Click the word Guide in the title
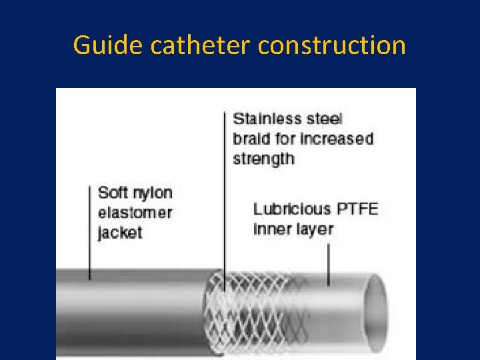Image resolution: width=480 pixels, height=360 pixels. (x=109, y=45)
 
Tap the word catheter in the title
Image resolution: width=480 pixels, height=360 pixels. (x=201, y=45)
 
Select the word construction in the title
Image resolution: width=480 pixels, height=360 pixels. (x=332, y=45)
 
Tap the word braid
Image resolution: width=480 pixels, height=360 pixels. (x=252, y=139)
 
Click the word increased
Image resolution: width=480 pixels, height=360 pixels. (x=335, y=139)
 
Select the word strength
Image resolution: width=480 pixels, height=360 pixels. (x=263, y=159)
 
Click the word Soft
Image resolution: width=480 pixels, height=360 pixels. (x=112, y=193)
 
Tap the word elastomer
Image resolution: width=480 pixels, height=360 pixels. (x=135, y=213)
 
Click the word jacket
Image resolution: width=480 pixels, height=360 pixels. (x=120, y=233)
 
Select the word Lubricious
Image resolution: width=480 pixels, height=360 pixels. (x=291, y=209)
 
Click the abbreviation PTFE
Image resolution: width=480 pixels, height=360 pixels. (x=357, y=209)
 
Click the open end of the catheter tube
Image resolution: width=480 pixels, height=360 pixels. (x=376, y=313)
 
